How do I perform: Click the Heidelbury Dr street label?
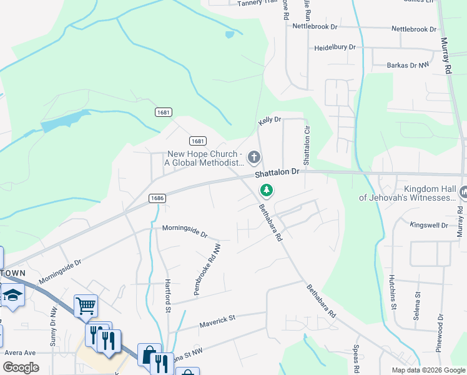[x=335, y=47]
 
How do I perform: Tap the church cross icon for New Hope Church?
[x=253, y=156]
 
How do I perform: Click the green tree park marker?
[x=267, y=189]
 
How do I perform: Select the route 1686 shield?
[x=157, y=198]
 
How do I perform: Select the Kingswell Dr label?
[x=428, y=224]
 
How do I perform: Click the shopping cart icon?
[x=86, y=306]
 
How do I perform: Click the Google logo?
[x=21, y=367]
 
